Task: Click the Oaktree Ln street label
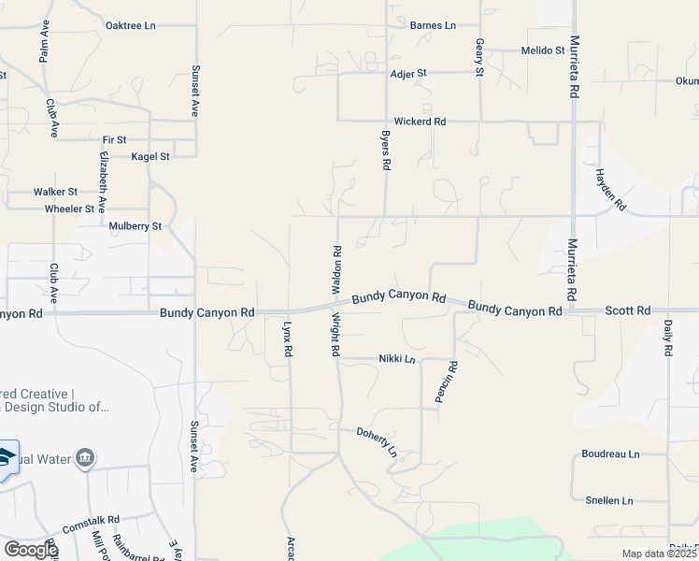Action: pos(130,25)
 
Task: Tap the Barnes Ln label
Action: pos(432,25)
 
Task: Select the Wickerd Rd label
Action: pos(420,122)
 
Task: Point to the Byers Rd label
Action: pos(385,150)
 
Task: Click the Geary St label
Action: pos(479,57)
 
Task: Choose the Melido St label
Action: pos(543,50)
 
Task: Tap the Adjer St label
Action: pos(408,72)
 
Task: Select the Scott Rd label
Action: pos(627,309)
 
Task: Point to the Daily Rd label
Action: pos(669,338)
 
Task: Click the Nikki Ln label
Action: pos(396,358)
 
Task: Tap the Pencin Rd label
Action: pos(446,381)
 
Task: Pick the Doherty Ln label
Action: pos(377,440)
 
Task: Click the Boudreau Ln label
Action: pos(609,454)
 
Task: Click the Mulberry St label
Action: pos(136,226)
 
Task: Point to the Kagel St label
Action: pos(150,157)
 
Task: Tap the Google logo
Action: pos(31,549)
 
